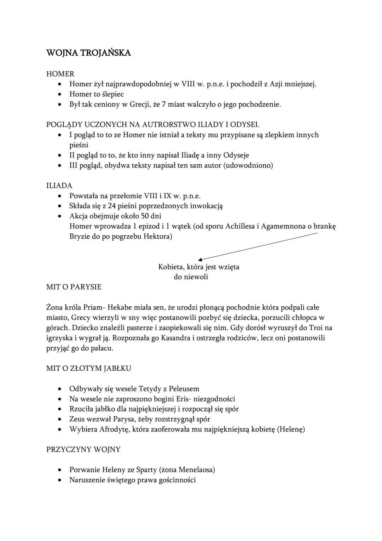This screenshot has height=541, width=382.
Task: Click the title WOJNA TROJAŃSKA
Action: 88,53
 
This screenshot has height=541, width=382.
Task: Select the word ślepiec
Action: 112,94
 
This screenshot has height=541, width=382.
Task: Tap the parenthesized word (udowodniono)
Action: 248,165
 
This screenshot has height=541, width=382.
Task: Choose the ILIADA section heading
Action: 59,186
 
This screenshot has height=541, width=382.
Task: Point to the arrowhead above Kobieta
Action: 200,260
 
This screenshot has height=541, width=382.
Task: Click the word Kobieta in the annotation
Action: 171,267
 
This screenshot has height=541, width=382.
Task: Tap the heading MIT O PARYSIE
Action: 74,287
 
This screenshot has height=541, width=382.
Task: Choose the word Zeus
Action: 77,419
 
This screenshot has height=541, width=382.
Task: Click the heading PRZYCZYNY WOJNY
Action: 83,450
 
